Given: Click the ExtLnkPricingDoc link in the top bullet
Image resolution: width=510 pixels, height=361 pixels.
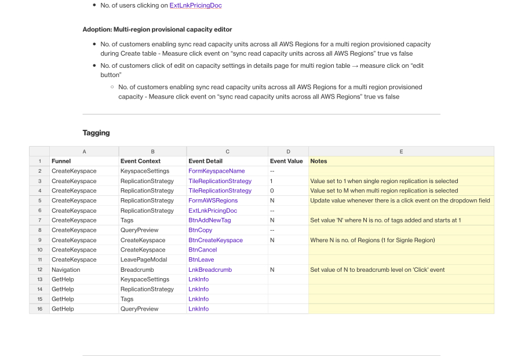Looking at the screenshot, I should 195,5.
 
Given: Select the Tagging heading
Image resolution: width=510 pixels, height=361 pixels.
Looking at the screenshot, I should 96,133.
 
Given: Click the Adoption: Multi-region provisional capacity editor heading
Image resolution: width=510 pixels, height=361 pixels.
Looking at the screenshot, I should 157,29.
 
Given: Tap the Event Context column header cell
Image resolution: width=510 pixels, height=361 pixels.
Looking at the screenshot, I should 140,161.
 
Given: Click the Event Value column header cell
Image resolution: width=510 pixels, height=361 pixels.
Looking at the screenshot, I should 286,161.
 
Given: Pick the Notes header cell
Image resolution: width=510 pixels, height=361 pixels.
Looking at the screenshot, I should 319,161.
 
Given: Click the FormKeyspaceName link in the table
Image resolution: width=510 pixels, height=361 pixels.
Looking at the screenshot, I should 216,171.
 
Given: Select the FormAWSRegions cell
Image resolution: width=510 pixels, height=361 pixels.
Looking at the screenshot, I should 213,200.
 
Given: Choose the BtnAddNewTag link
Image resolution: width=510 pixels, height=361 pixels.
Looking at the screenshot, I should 209,220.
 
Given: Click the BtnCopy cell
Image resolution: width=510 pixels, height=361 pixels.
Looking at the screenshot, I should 200,230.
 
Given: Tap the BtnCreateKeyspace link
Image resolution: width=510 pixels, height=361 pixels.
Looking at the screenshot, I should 215,240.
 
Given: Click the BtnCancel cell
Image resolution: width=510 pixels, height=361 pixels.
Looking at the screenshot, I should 202,250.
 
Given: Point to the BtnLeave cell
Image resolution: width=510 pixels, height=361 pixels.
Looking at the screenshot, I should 201,260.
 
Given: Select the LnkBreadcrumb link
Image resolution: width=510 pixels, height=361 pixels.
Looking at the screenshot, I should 210,269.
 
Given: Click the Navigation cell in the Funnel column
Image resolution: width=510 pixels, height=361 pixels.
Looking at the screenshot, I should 65,269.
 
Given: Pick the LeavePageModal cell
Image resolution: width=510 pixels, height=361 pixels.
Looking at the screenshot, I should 143,260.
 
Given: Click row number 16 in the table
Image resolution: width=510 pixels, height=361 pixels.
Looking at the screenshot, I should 39,309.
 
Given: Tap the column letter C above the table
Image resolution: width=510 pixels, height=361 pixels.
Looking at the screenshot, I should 227,151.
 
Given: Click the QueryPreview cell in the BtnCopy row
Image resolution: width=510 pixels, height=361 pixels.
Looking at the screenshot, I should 139,230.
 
